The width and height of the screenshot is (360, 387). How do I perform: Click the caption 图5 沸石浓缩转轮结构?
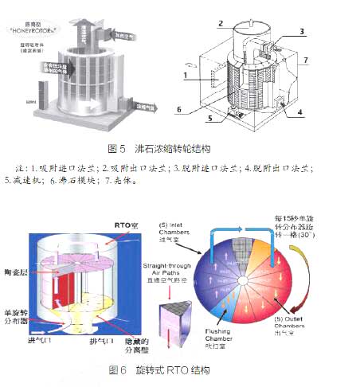[181, 150]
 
